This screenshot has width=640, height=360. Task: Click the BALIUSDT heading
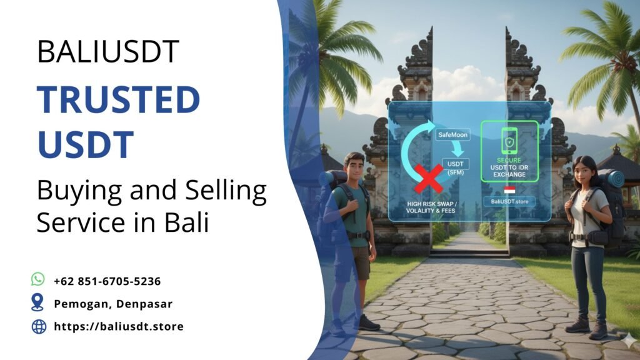108,51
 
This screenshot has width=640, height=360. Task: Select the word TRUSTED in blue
118,99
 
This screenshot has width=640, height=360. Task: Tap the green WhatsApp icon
39,279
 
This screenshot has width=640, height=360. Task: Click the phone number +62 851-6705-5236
107,281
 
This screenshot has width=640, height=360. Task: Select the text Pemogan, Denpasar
113,304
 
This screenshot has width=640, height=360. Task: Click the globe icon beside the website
39,326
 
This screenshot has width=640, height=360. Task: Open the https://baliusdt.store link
119,326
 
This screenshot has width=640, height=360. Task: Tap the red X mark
428,176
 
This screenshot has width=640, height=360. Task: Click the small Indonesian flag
509,189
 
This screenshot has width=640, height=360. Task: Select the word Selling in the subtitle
211,191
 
